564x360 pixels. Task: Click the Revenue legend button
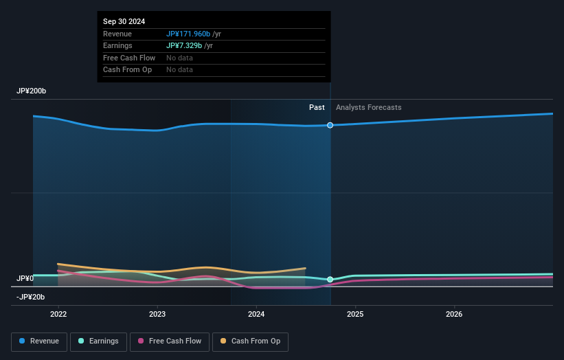(40, 341)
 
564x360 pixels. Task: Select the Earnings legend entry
(99, 341)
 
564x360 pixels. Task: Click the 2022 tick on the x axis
(58, 315)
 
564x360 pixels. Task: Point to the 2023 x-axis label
(157, 315)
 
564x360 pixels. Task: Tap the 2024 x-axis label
(256, 315)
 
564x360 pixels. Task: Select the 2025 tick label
(355, 315)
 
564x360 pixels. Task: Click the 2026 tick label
(454, 315)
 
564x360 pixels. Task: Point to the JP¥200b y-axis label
(32, 91)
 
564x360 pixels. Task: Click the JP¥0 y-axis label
(25, 278)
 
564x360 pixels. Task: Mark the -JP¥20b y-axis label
(30, 297)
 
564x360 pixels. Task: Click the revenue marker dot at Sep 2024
(330, 125)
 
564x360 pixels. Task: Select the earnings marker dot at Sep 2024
(330, 280)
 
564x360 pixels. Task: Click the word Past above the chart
(317, 107)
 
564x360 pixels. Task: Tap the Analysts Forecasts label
(368, 107)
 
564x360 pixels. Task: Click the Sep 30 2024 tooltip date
(124, 22)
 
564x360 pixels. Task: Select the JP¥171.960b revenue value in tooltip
(188, 34)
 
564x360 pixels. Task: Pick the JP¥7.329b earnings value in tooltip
(183, 45)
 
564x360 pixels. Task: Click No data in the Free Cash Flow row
(179, 58)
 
